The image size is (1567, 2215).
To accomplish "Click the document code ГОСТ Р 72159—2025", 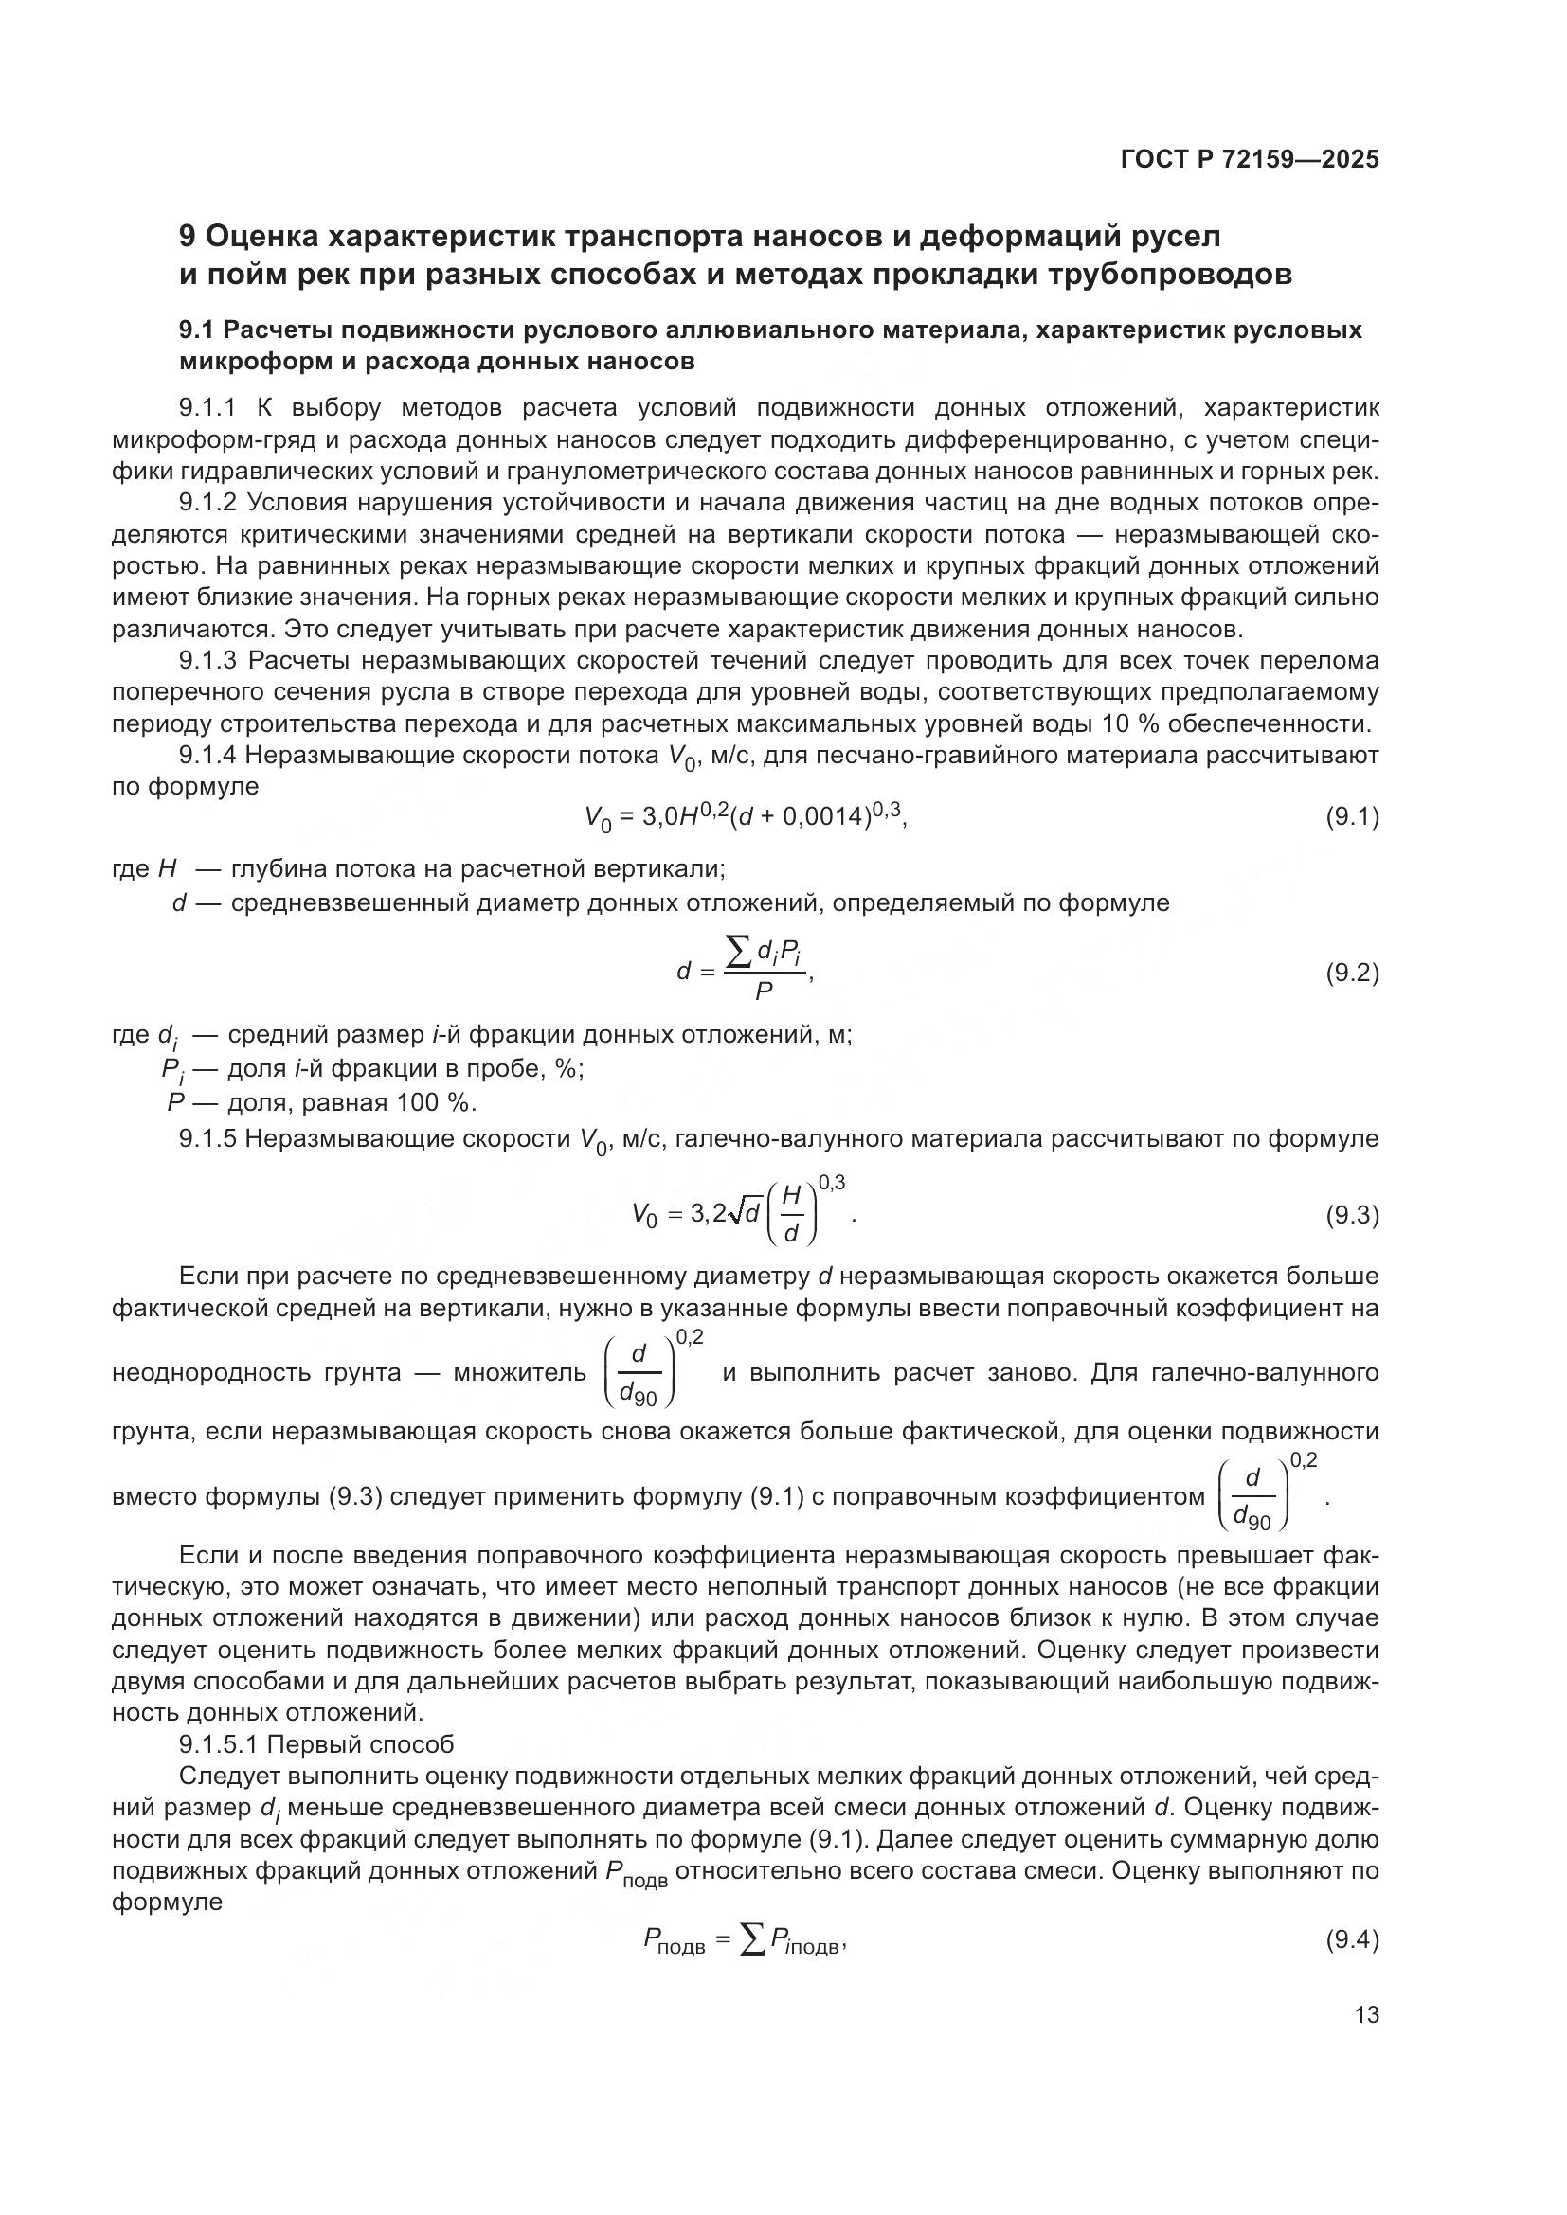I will (1250, 159).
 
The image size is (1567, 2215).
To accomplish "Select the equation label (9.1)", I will (1352, 818).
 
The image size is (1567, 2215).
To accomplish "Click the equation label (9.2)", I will (1352, 973).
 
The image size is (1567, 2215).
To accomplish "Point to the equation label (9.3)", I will (1352, 1216).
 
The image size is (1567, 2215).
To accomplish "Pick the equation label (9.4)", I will (1352, 1939).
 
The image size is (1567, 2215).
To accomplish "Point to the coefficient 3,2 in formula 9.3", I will (708, 1215).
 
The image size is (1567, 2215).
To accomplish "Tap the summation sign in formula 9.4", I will (751, 1940).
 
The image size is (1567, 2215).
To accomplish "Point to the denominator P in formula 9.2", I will (765, 991).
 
